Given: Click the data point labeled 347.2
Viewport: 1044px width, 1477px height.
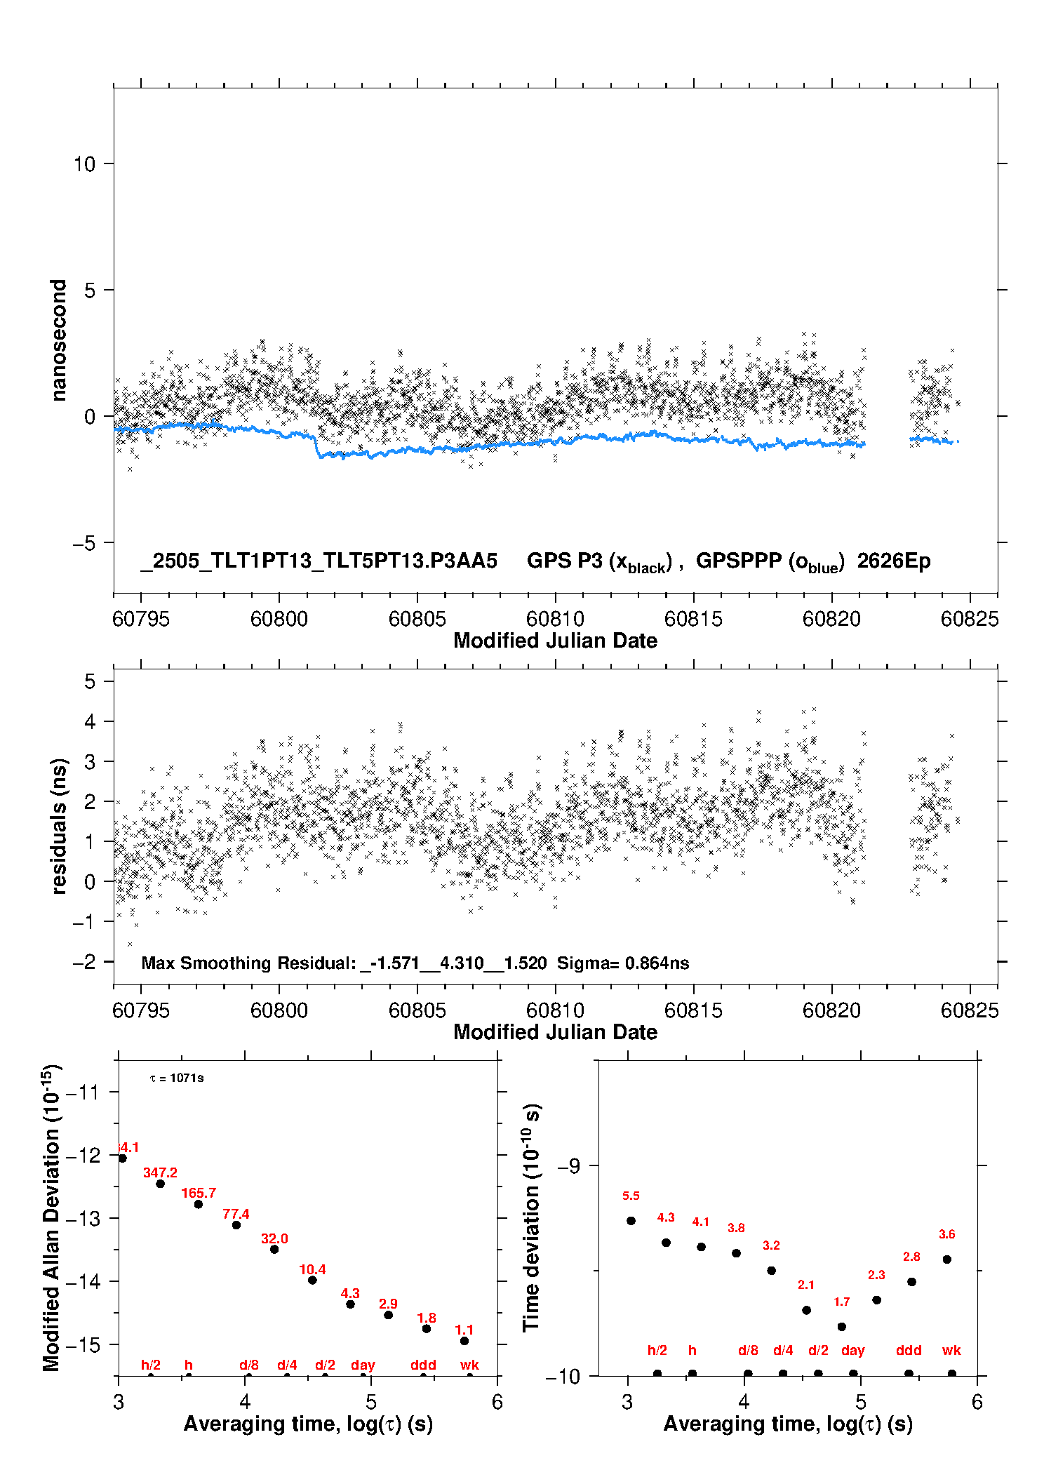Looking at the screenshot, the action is [x=160, y=1184].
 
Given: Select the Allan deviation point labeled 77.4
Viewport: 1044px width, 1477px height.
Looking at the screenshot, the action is [x=236, y=1225].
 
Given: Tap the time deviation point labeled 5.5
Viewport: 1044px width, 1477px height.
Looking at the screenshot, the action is [x=631, y=1220].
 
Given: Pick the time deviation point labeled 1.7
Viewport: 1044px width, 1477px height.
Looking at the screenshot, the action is [x=842, y=1327].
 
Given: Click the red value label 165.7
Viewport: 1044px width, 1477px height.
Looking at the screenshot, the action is [x=199, y=1193].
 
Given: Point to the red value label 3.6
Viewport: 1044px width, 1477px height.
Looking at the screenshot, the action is [x=947, y=1234].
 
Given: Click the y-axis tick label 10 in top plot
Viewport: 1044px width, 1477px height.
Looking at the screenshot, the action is [x=84, y=164].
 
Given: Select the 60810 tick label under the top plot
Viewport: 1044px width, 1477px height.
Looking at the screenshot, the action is [x=555, y=619].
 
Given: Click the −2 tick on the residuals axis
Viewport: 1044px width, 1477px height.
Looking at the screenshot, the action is [x=84, y=961].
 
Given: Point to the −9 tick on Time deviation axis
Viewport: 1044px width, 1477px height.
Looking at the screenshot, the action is [x=568, y=1166].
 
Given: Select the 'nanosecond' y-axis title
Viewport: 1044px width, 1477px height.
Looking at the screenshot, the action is [x=58, y=340].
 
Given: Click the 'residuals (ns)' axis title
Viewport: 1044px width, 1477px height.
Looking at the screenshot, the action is [x=60, y=826].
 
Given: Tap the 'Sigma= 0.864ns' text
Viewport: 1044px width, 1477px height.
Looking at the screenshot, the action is [x=623, y=963].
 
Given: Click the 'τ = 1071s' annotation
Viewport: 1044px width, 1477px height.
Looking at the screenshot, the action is [x=177, y=1078].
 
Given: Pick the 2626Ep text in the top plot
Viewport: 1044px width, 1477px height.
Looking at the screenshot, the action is [x=894, y=561].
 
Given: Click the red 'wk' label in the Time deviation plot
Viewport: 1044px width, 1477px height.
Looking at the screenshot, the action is [x=951, y=1350].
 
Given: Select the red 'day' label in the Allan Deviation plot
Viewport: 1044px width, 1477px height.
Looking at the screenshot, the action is [x=363, y=1365].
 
